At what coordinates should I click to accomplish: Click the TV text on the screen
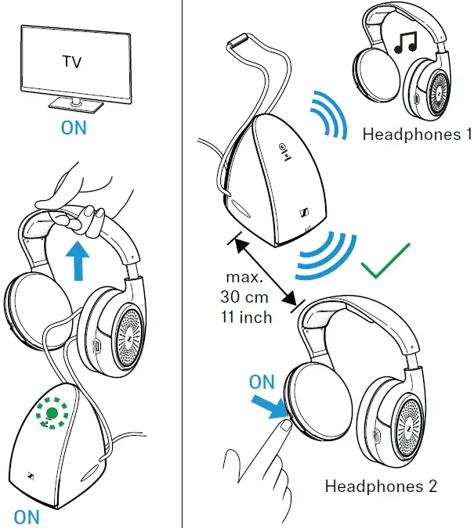[72, 59]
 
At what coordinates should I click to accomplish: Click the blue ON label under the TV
[74, 128]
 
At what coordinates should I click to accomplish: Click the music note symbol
[404, 44]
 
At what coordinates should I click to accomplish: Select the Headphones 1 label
[411, 135]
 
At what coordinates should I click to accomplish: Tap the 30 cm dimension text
[246, 298]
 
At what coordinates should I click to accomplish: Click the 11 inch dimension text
[246, 317]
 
